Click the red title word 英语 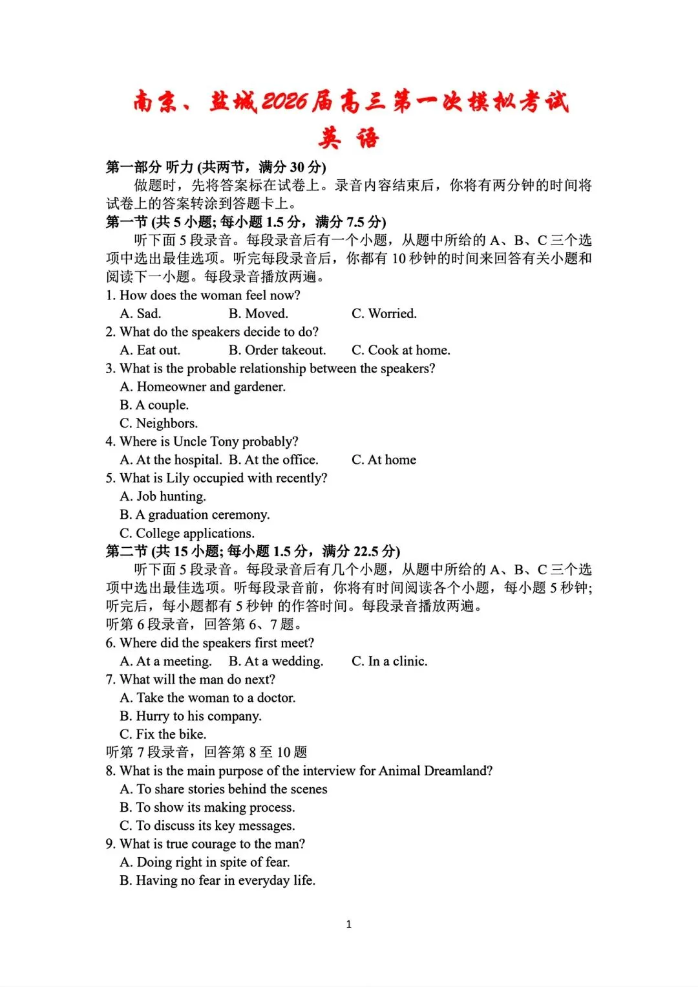pos(348,138)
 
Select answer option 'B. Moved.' pos(259,314)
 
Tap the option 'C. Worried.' pos(384,314)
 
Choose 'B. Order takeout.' pos(277,350)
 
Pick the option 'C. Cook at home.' pos(401,350)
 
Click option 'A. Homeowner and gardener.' pos(202,387)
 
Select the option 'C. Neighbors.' pos(159,423)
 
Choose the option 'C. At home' pos(384,460)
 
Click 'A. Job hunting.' pos(163,496)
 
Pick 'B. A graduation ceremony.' pos(195,515)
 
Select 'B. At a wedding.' pos(276,661)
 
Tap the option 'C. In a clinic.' pos(389,661)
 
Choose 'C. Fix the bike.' pos(163,734)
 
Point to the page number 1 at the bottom pos(349,924)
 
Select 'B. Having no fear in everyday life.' pos(217,880)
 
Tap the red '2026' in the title pos(285,102)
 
